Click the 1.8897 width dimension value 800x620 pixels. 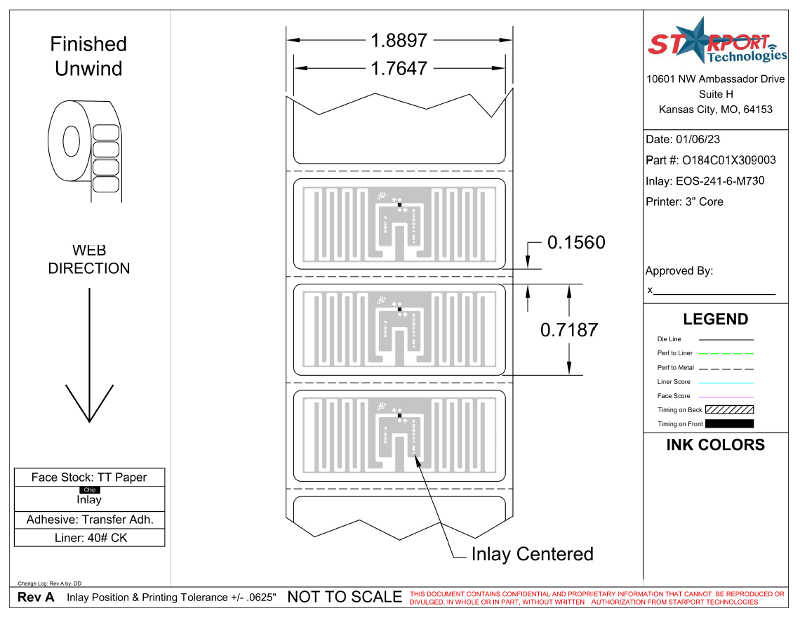pos(399,41)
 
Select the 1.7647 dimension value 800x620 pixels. pos(399,69)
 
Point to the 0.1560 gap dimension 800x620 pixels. pos(575,243)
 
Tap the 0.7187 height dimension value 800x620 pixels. pos(568,329)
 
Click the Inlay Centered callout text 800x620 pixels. pos(532,554)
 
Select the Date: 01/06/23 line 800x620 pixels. pos(682,139)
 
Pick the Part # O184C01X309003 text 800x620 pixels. pos(710,160)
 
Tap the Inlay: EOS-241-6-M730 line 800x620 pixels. pos(705,181)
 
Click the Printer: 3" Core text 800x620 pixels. pos(684,202)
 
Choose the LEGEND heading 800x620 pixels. pos(716,319)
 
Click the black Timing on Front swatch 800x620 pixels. pos(729,424)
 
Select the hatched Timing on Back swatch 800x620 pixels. pos(729,409)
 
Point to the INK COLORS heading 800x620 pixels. pos(715,445)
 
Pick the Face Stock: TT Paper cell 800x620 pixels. pos(89,477)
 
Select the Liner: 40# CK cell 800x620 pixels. pos(89,539)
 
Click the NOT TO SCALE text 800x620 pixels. pos(345,598)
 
